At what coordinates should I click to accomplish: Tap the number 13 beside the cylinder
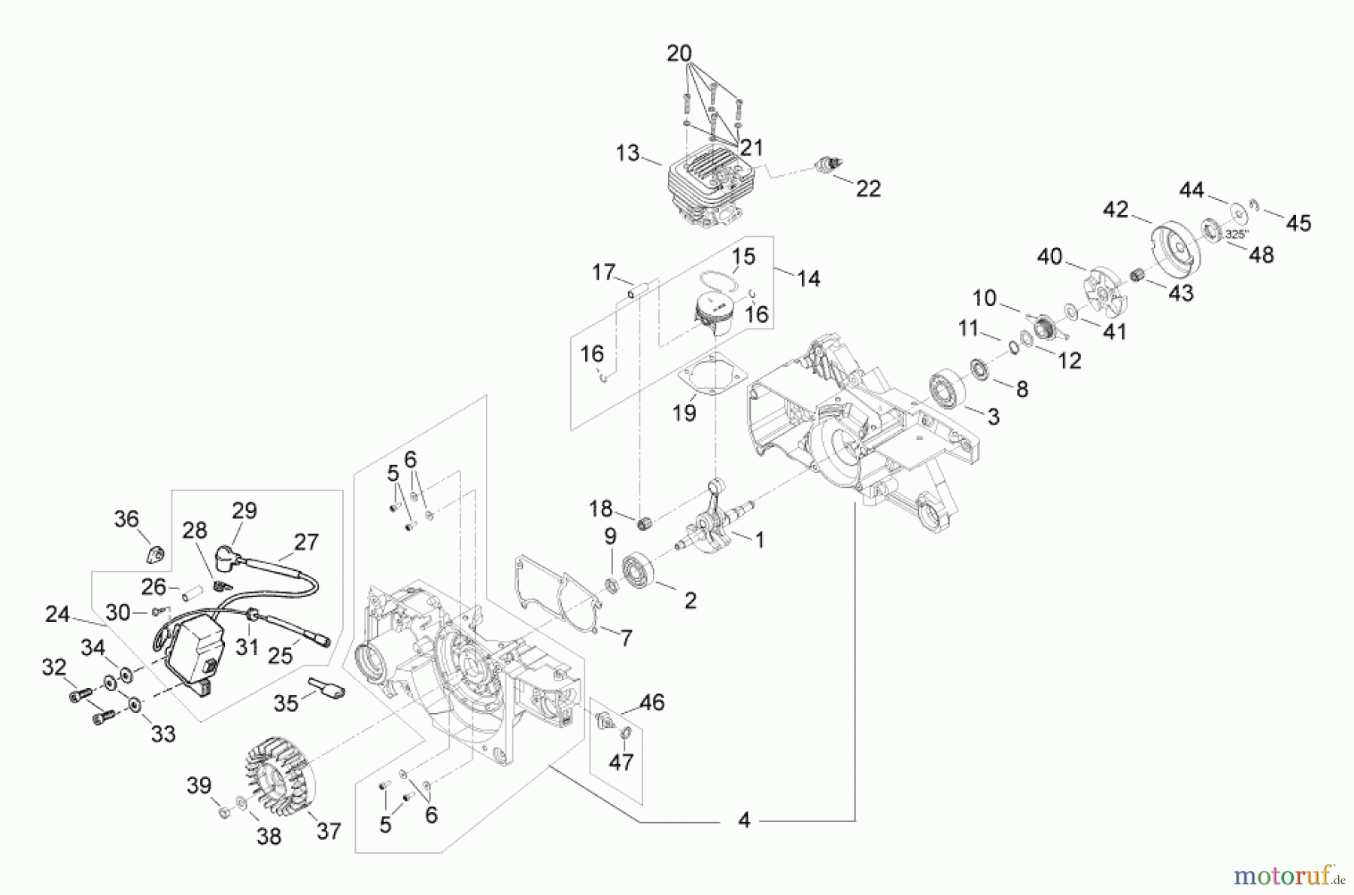627,153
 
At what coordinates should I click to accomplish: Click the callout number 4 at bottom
743,820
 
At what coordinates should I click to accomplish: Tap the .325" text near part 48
1234,235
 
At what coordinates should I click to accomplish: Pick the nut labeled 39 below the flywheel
223,813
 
